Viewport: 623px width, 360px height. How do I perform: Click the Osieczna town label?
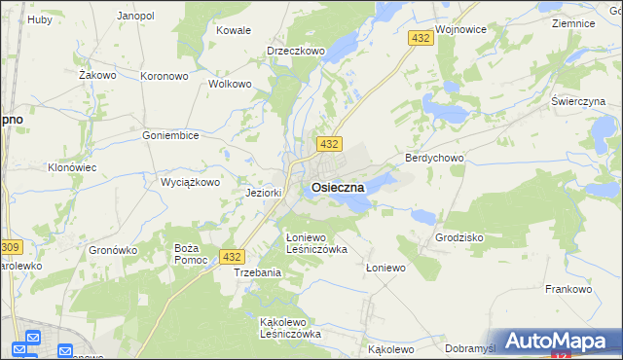pyautogui.click(x=338, y=186)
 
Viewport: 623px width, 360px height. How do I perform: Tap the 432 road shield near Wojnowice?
pyautogui.click(x=421, y=38)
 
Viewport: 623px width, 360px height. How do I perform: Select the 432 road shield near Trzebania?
pyautogui.click(x=231, y=257)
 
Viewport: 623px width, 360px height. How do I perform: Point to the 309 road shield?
pyautogui.click(x=10, y=248)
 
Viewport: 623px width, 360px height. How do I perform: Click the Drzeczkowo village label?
pyautogui.click(x=295, y=51)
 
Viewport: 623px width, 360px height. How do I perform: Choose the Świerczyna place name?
pyautogui.click(x=578, y=101)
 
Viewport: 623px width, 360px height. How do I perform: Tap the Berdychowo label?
pyautogui.click(x=434, y=158)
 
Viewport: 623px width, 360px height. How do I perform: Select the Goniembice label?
pyautogui.click(x=170, y=136)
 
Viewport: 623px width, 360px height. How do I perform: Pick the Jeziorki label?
pyautogui.click(x=264, y=193)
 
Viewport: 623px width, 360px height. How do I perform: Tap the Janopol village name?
pyautogui.click(x=135, y=17)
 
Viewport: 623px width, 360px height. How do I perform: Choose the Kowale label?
pyautogui.click(x=234, y=30)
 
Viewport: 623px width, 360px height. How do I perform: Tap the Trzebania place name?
pyautogui.click(x=257, y=272)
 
